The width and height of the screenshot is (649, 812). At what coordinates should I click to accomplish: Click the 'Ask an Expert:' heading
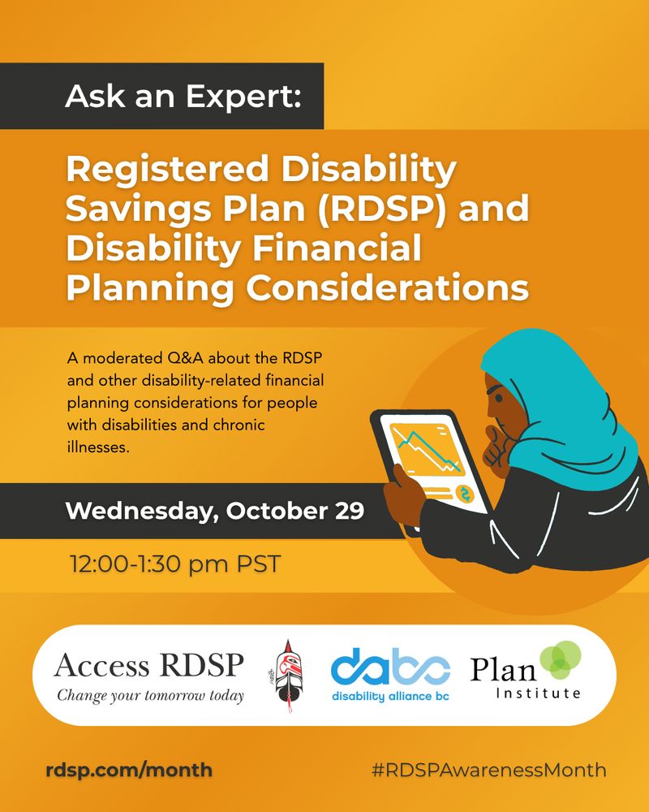coord(183,97)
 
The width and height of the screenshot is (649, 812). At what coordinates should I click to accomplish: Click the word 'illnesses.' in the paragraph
coord(97,447)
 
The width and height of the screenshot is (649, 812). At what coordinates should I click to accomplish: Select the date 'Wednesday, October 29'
coord(214,512)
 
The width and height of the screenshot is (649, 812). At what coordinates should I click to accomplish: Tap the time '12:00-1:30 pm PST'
coord(174,564)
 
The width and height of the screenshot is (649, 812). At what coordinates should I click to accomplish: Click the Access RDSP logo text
coord(148,667)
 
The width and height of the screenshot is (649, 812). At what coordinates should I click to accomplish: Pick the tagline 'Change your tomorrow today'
coord(149,696)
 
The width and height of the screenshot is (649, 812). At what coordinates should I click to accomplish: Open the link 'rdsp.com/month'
coord(129,769)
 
